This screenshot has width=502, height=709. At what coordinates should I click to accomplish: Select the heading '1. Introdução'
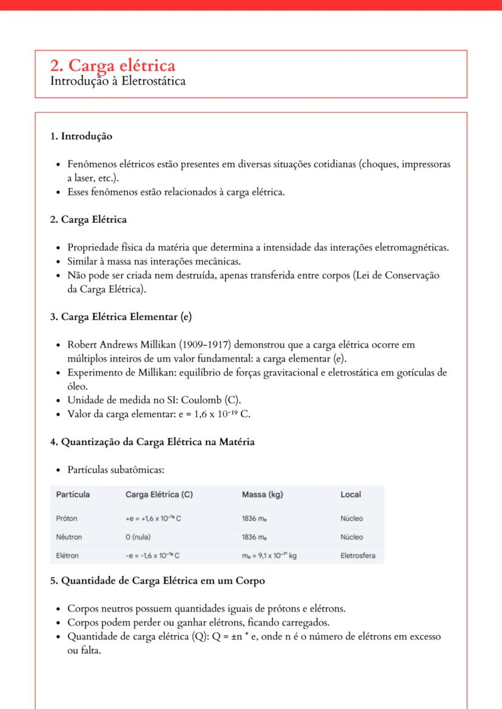click(x=81, y=136)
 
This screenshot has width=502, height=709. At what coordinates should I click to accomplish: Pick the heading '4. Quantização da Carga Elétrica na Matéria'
click(x=152, y=441)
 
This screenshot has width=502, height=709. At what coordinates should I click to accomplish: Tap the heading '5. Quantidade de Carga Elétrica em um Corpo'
click(x=157, y=581)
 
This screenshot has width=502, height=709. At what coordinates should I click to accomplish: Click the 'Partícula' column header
click(x=73, y=495)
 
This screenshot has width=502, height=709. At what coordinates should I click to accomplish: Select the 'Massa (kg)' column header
click(x=262, y=495)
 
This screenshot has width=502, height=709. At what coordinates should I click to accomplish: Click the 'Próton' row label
click(x=67, y=519)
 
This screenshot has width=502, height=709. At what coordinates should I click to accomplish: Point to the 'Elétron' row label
click(x=67, y=555)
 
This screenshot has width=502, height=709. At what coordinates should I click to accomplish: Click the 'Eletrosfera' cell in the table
click(x=358, y=555)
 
